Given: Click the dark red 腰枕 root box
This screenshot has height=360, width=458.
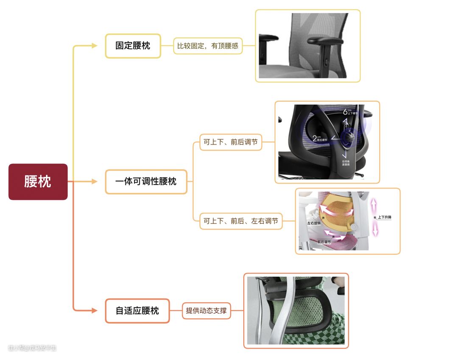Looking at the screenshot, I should click(38, 182).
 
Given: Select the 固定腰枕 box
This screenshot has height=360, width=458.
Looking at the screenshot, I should click(133, 46).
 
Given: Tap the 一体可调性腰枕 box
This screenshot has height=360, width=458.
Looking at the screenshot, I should click(146, 182).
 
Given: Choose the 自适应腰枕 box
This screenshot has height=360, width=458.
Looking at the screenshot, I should click(137, 311).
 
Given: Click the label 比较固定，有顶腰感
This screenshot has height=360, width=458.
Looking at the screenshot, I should click(208, 46).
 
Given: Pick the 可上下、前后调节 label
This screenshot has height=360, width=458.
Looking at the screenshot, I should click(231, 142).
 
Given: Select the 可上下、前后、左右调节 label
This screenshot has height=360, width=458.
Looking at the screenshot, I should click(241, 221).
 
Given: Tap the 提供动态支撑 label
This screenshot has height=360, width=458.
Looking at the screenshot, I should click(207, 311).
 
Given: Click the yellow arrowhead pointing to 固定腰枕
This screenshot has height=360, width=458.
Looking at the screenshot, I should click(95, 46).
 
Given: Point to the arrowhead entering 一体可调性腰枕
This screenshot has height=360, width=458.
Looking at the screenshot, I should click(95, 182).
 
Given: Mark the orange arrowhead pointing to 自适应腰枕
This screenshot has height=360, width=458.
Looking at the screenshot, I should click(95, 311).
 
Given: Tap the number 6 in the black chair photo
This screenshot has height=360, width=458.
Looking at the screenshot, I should click(345, 112).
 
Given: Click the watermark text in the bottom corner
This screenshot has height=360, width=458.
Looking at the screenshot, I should click(32, 348).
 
